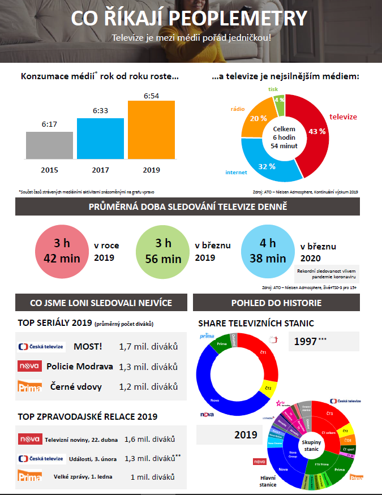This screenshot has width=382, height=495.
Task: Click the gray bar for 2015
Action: pos(50,145)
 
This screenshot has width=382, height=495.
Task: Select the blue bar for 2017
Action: pos(100,139)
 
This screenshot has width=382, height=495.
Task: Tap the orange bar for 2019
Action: pos(151,130)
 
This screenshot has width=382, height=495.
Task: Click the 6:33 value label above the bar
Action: pos(100,111)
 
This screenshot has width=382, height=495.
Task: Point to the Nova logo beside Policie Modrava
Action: pos(29,366)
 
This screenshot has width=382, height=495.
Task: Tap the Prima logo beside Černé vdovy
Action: pos(29,386)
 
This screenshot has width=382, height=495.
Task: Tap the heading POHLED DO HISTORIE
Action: pos(276,303)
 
